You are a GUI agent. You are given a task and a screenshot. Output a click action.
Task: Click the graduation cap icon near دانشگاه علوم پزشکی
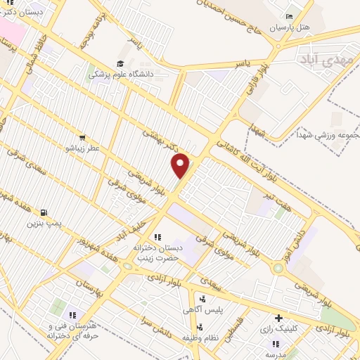click(93, 71)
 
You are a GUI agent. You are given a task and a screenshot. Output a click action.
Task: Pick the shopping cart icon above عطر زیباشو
click(83, 138)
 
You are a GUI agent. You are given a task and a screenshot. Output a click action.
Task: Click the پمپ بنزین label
click(45, 224)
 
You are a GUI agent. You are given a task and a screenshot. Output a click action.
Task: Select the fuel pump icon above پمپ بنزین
click(45, 212)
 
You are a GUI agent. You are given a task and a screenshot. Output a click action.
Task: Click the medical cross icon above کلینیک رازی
click(279, 318)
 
